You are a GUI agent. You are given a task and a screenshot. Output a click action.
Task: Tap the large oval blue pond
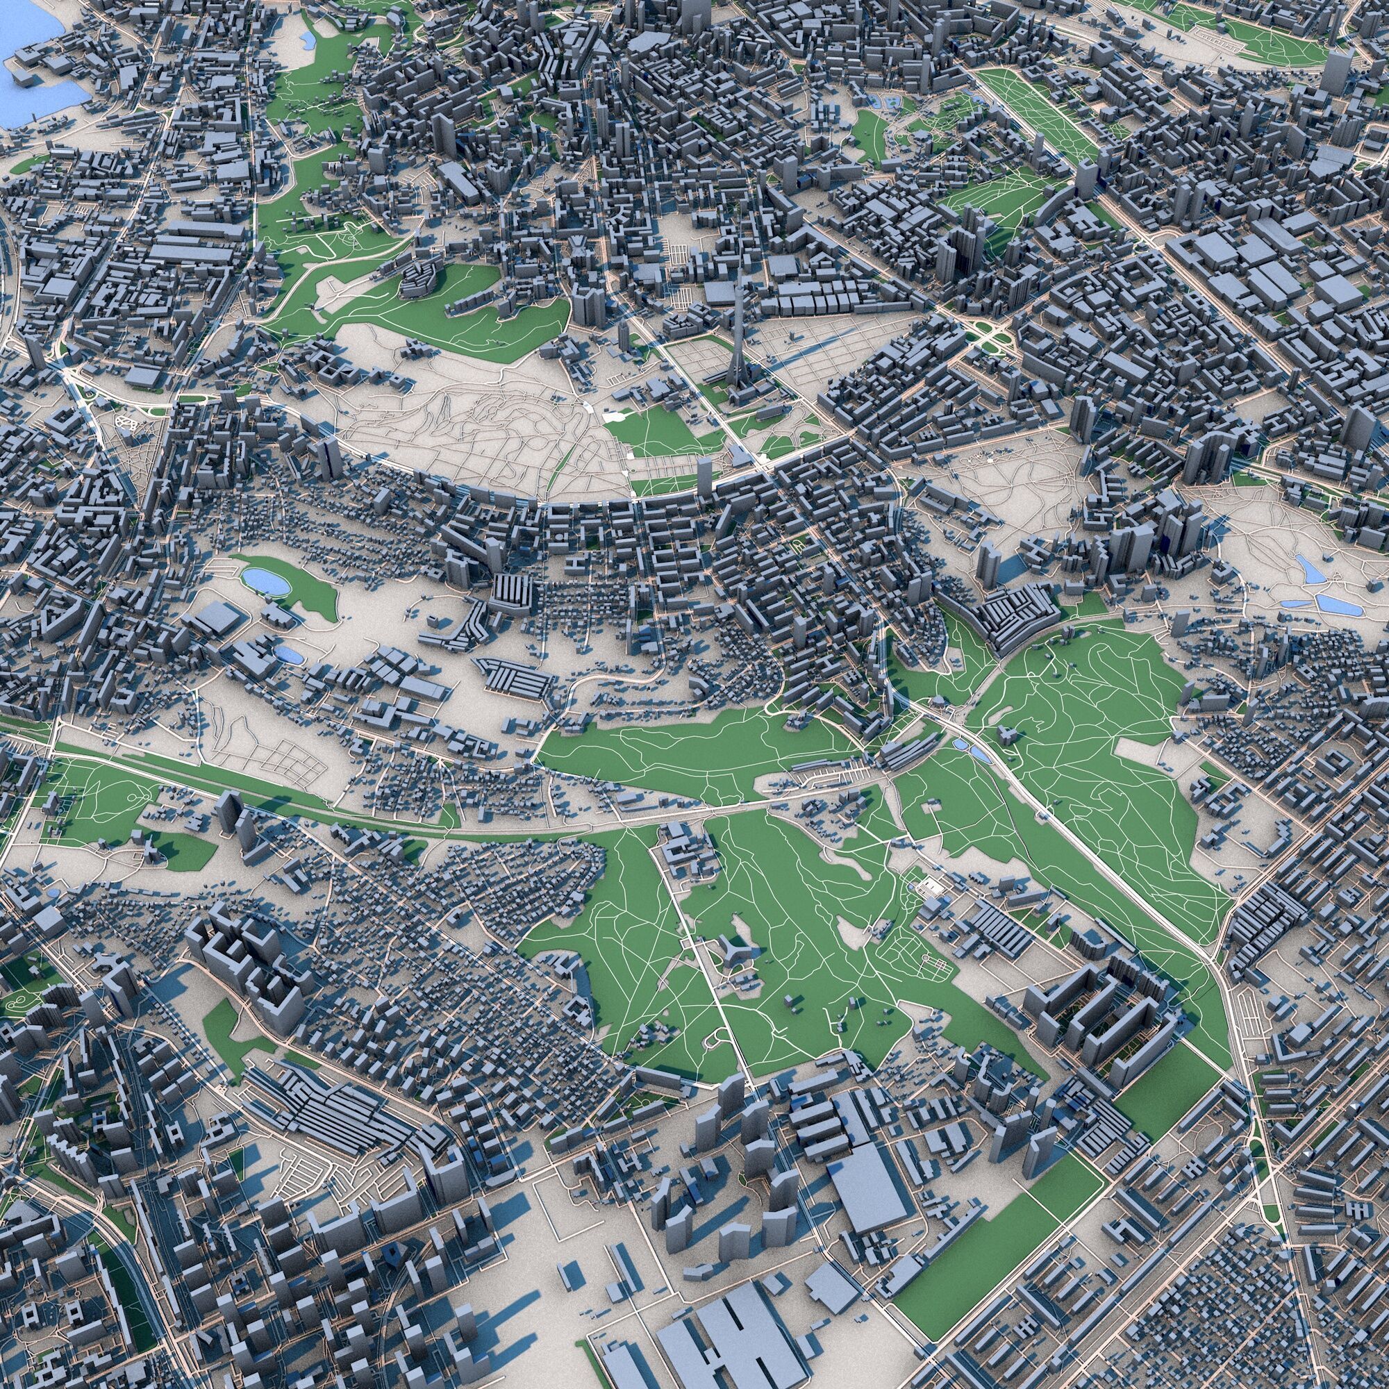266,579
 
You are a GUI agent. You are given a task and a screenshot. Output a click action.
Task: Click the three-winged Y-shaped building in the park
733,954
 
